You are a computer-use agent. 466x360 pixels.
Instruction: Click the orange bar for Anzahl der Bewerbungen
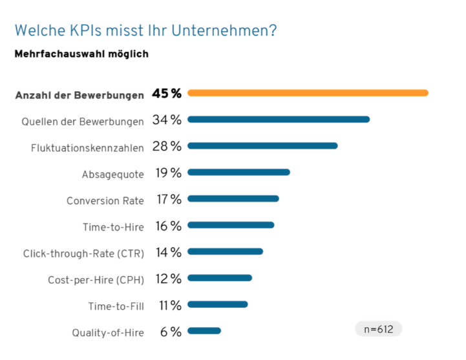[308, 93]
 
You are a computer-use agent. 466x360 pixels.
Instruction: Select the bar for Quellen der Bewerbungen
[279, 120]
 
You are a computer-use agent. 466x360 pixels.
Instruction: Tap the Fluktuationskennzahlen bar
[262, 146]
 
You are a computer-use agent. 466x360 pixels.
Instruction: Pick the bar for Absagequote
[238, 173]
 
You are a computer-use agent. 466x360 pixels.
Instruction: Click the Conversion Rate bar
[233, 199]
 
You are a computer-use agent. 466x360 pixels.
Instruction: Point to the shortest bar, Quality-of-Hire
[204, 331]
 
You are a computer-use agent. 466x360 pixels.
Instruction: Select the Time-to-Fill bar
[218, 304]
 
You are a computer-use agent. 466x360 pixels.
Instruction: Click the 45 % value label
[167, 94]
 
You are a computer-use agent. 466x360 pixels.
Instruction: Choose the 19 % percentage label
[167, 173]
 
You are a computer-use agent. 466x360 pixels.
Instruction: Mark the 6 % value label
[171, 332]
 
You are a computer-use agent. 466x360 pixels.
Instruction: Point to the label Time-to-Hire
[113, 227]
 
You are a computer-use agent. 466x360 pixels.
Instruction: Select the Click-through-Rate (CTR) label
[83, 253]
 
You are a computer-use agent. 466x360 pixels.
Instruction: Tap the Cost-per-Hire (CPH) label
[96, 280]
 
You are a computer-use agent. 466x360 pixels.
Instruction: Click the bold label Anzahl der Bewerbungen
[79, 95]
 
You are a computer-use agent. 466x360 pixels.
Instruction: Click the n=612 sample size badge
[379, 329]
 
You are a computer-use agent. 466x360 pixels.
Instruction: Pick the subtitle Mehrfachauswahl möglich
[81, 54]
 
